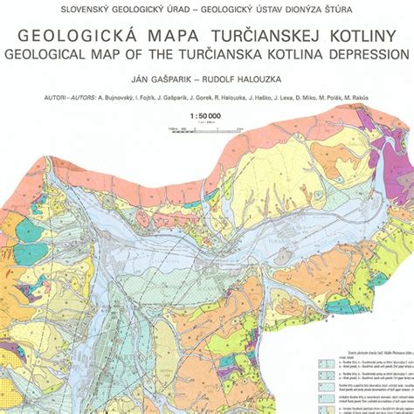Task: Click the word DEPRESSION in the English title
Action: pos(366,54)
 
